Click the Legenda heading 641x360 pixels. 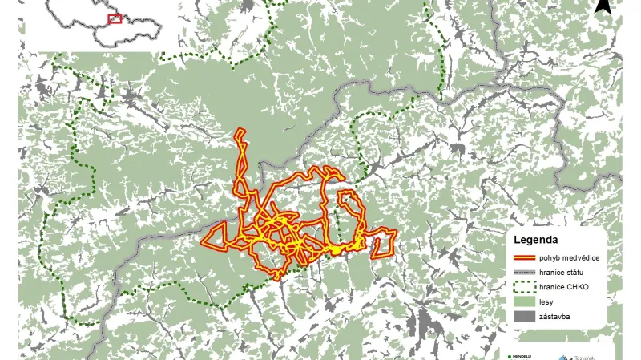tap(536, 240)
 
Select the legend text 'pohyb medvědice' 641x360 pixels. tap(570, 258)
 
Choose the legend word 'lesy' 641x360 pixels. tap(546, 302)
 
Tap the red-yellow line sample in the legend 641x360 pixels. tap(524, 258)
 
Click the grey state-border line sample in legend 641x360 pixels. tap(524, 273)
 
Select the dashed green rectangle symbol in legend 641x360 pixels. tap(524, 289)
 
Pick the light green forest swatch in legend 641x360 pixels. tap(524, 303)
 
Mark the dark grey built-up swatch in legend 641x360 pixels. tap(524, 318)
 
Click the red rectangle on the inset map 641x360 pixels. tap(115, 18)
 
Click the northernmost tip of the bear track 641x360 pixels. tap(240, 129)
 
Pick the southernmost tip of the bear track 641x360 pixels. tap(278, 278)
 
